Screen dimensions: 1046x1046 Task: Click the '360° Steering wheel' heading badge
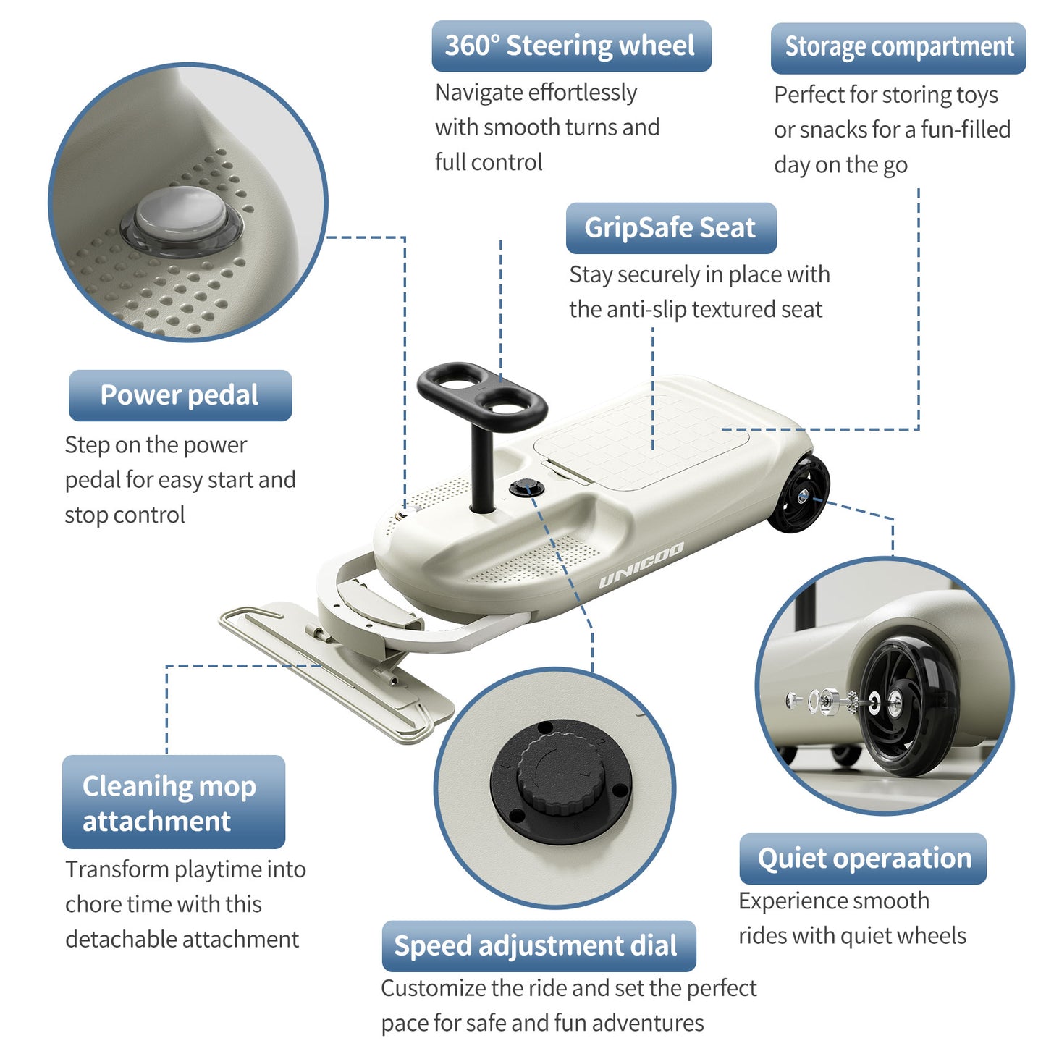pyautogui.click(x=571, y=46)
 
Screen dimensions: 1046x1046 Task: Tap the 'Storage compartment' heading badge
pyautogui.click(x=898, y=48)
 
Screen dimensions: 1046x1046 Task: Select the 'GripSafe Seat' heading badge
pyautogui.click(x=671, y=228)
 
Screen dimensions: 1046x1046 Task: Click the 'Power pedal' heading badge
pyautogui.click(x=180, y=395)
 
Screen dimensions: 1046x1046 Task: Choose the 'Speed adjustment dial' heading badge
pyautogui.click(x=539, y=946)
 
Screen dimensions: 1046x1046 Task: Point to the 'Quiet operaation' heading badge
pyautogui.click(x=863, y=859)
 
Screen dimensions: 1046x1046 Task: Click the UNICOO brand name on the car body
pyautogui.click(x=641, y=564)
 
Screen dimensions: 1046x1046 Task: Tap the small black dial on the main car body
pyautogui.click(x=526, y=487)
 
